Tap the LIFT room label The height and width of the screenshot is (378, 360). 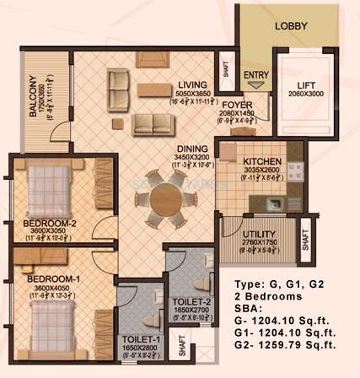coord(305,86)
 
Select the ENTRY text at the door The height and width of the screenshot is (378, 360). coord(255,75)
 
